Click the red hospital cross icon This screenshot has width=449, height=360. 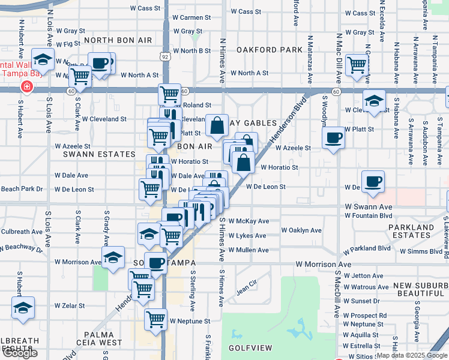[26, 87]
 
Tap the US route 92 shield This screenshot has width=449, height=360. [164, 56]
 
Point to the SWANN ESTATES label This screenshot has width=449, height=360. [92, 154]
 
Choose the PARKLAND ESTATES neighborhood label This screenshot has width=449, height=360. [411, 232]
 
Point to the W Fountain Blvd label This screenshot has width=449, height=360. [369, 216]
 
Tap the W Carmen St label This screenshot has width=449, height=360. [191, 18]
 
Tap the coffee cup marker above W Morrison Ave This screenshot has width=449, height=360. [155, 262]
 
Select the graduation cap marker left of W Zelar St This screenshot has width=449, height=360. [23, 308]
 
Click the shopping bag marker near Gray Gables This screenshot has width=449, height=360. [217, 126]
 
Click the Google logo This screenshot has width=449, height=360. [20, 353]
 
